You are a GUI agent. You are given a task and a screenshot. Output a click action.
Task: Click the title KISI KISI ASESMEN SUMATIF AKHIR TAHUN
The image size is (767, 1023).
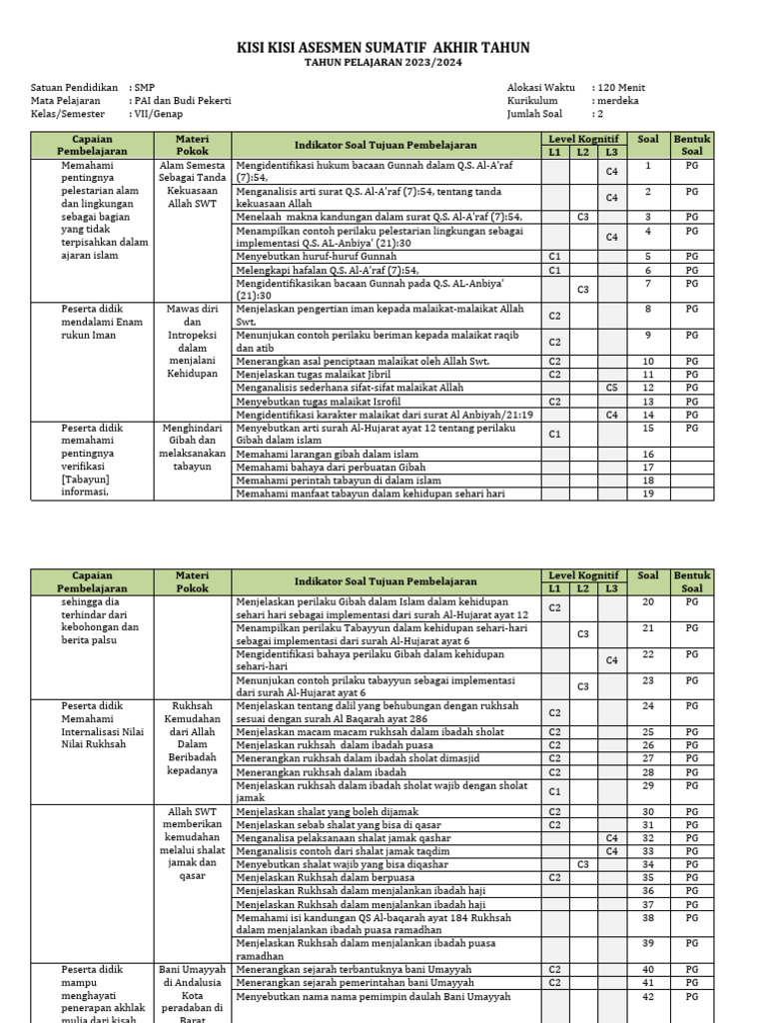[x=383, y=48]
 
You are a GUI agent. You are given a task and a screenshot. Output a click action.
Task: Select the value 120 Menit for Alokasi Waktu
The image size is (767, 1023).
[x=619, y=88]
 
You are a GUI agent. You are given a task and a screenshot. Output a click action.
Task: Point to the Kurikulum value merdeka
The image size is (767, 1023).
[x=617, y=101]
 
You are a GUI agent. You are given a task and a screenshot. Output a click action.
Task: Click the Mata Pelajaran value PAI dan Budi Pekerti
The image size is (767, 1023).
[x=183, y=101]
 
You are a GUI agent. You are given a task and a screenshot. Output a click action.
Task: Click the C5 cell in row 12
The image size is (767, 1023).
[x=611, y=388]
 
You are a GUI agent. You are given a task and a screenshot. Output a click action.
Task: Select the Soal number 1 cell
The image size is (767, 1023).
[x=648, y=165]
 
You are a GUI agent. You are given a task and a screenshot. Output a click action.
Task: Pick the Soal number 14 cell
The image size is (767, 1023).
[x=648, y=414]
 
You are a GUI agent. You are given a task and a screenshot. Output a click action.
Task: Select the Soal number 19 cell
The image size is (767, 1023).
[x=648, y=493]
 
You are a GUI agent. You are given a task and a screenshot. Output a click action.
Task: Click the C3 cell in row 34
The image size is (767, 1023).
[x=583, y=864]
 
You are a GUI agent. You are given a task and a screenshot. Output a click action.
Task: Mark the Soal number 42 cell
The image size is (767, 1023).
[x=648, y=996]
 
